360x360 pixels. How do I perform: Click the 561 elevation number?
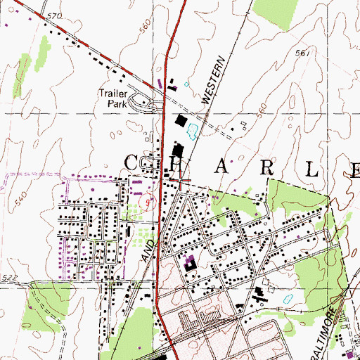click(x=303, y=53)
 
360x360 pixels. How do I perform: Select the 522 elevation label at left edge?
click(x=8, y=278)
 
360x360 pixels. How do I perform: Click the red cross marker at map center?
click(x=181, y=181)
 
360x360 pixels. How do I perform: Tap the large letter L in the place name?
click(x=312, y=168)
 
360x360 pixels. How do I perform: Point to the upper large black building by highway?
click(x=182, y=121)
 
